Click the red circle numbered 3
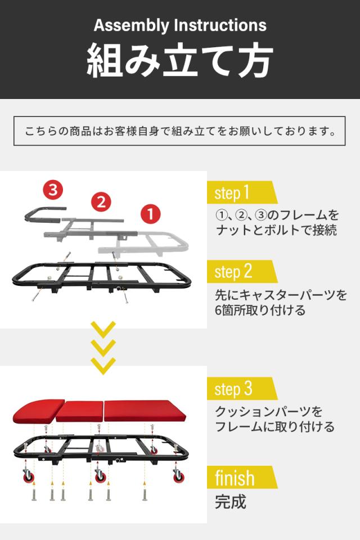click(53, 190)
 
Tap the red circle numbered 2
click(101, 202)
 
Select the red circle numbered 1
click(150, 214)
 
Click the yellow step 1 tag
click(241, 193)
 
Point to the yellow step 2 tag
click(241, 272)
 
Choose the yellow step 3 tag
click(241, 389)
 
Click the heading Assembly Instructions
click(180, 26)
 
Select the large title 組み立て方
click(180, 60)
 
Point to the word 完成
click(231, 502)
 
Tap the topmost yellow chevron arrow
click(103, 329)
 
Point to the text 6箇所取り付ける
click(260, 310)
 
